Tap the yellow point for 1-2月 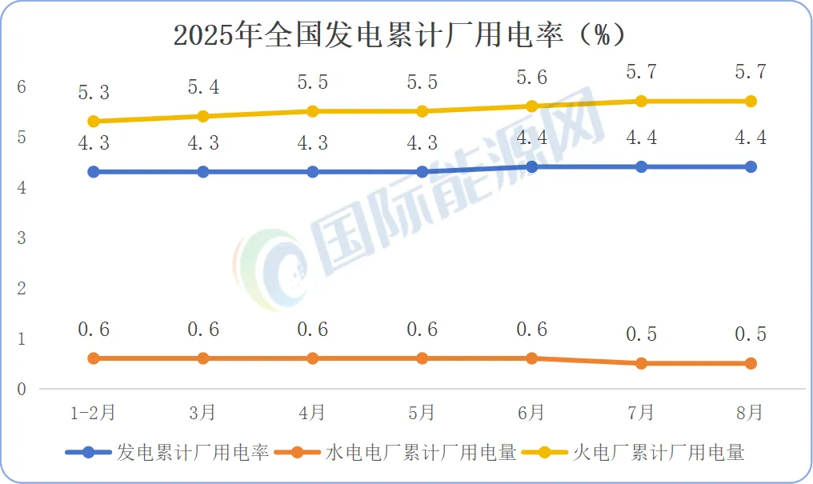(94, 122)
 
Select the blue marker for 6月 (531, 166)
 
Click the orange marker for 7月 (641, 363)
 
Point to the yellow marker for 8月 (751, 101)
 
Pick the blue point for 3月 (203, 172)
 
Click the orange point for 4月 (313, 358)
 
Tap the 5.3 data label (94, 93)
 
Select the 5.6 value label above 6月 (531, 78)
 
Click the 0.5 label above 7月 (641, 334)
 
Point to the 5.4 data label (203, 88)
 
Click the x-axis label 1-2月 (94, 413)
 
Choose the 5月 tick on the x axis (422, 413)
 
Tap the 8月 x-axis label (751, 413)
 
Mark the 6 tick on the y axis (22, 86)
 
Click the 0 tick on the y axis (22, 390)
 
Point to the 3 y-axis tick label (22, 238)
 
